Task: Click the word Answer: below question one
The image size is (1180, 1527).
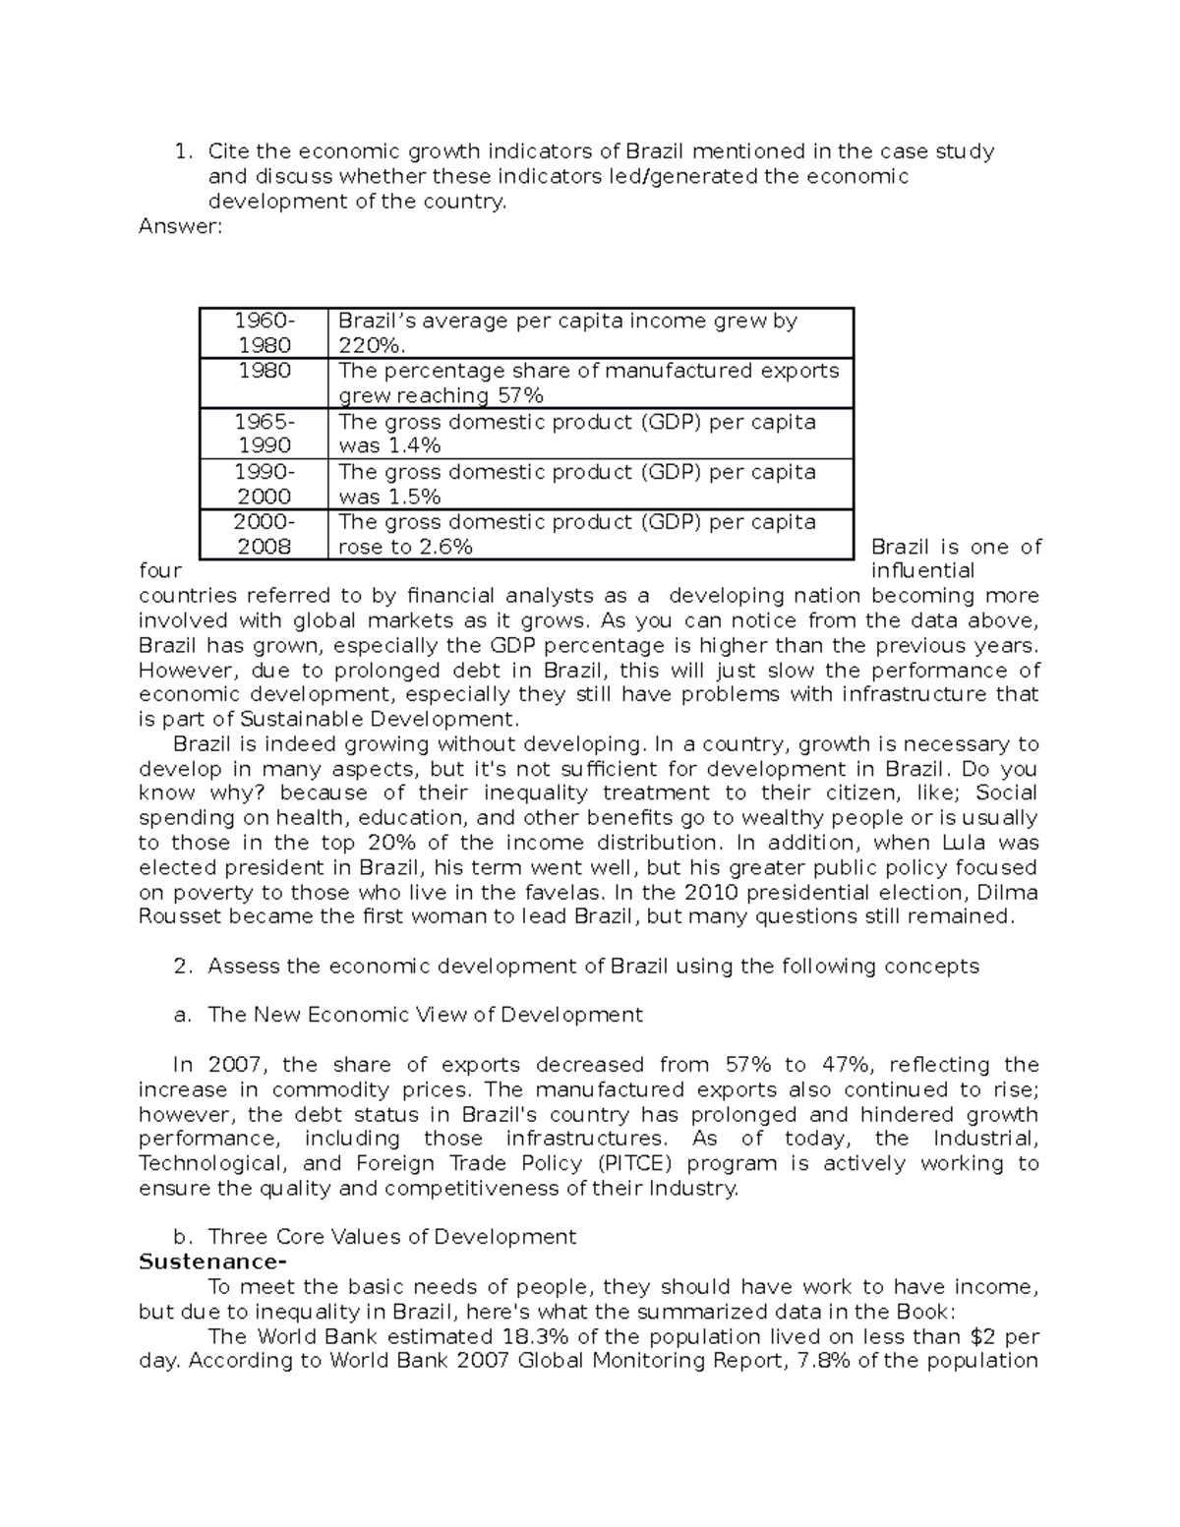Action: point(181,227)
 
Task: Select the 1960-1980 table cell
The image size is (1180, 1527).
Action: point(264,332)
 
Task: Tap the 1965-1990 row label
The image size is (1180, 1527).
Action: point(264,434)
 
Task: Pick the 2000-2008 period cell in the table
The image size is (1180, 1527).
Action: point(264,534)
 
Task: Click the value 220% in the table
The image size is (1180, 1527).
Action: point(371,345)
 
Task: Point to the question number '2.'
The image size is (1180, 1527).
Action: point(182,966)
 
